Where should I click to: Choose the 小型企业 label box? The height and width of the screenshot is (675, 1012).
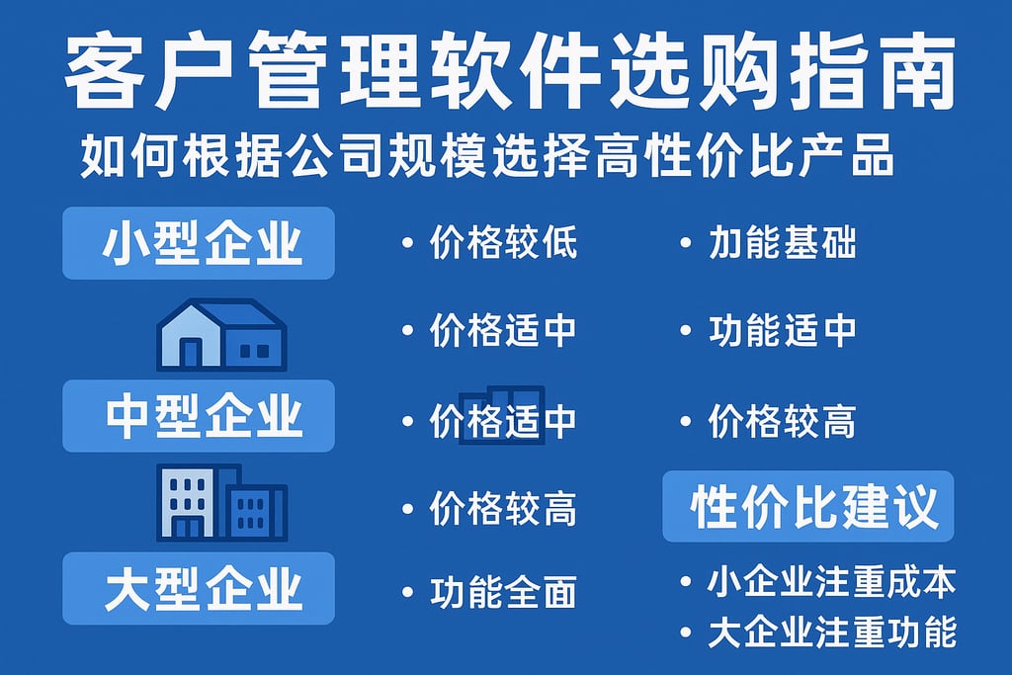click(199, 243)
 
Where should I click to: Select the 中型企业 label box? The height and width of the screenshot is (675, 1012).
click(199, 416)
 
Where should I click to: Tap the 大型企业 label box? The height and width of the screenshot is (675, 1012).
click(199, 589)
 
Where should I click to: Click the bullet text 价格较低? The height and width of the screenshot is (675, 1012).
click(503, 243)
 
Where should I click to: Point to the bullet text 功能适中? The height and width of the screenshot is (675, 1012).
click(782, 331)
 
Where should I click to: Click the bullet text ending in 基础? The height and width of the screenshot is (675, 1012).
click(782, 243)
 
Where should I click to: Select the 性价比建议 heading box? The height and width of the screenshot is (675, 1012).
click(808, 506)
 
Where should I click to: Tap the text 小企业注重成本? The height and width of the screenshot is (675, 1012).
click(831, 583)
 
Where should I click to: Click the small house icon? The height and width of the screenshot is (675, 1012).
click(222, 335)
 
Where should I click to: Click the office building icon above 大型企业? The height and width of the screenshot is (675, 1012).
click(221, 502)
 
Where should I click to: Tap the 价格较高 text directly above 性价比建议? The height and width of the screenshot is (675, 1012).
click(782, 422)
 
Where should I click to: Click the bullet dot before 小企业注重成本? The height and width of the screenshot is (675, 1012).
click(686, 583)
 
